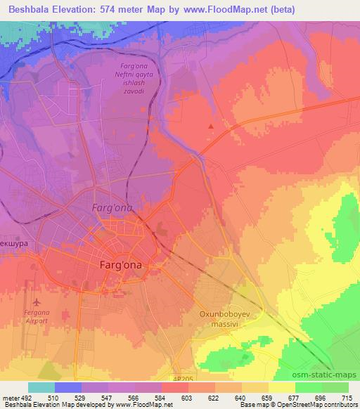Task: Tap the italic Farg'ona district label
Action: (x=112, y=208)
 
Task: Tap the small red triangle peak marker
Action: (x=211, y=126)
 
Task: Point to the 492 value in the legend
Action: (x=22, y=398)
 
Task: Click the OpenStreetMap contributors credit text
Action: (x=316, y=405)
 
